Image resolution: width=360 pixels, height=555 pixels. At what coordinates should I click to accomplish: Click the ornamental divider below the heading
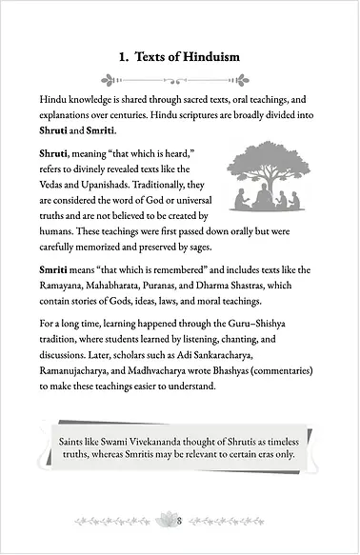[x=179, y=81]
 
